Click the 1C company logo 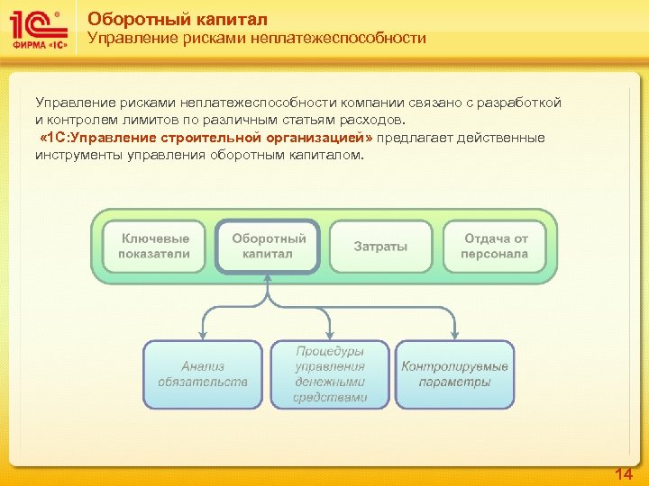40,31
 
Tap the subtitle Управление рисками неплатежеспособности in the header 256,39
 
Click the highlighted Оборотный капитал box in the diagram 269,246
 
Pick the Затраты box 380,246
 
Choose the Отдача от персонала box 495,246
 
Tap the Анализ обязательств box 203,374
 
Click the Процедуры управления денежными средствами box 331,374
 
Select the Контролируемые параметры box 455,374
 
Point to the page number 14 623,474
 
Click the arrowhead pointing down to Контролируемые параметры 455,336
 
